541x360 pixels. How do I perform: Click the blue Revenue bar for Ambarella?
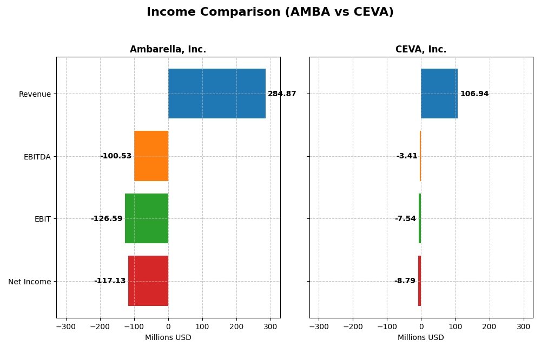(216, 94)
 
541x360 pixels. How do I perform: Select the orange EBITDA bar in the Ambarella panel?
(151, 156)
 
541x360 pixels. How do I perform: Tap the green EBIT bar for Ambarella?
(147, 218)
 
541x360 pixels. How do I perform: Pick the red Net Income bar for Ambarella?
(148, 281)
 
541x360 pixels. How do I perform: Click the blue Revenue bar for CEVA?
(439, 94)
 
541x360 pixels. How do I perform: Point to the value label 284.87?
(282, 94)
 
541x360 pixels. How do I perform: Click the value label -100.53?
(116, 156)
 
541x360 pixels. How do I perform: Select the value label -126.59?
(107, 219)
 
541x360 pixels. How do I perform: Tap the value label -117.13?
(110, 281)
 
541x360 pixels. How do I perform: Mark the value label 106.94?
(474, 94)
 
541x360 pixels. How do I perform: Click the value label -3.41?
(407, 156)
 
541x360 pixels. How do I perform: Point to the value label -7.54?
(405, 219)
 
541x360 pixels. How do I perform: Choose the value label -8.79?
(405, 281)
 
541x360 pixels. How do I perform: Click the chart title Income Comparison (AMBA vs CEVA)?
(270, 12)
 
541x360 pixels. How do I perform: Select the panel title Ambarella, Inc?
(168, 50)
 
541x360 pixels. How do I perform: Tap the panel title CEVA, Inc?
(421, 50)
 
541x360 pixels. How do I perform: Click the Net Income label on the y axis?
(30, 282)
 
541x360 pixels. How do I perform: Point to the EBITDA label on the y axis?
(37, 157)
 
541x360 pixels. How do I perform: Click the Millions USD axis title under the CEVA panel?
(421, 338)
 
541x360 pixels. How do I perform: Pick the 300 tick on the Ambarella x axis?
(270, 326)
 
